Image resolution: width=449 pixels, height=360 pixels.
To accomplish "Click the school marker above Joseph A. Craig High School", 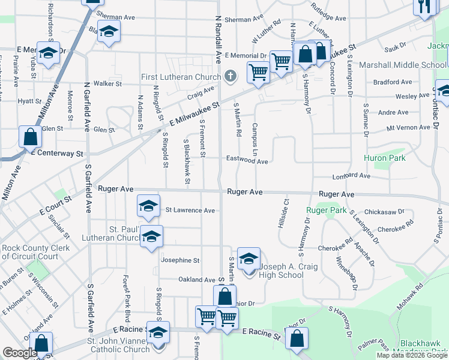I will (x=249, y=259).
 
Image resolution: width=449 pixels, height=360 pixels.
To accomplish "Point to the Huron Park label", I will (x=384, y=158).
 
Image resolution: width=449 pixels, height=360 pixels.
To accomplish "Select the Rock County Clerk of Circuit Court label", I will (x=36, y=253).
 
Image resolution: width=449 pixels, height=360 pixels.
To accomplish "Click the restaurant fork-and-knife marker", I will (x=424, y=7).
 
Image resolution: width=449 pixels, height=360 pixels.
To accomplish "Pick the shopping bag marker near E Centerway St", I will (x=31, y=137).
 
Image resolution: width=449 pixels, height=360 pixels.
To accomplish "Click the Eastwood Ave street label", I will (x=246, y=160).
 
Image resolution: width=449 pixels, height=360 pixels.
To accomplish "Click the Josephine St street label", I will (x=180, y=260).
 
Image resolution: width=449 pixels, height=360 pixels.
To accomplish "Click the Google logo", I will (x=20, y=353).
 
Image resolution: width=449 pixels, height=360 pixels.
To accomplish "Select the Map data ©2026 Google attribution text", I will (x=411, y=355).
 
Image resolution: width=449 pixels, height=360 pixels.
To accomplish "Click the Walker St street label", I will (x=107, y=84).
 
